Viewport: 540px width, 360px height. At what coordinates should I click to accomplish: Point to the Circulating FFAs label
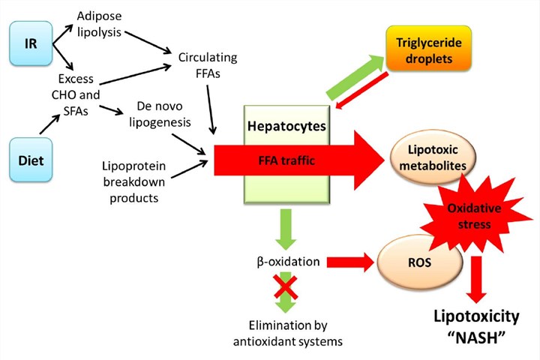click(x=208, y=66)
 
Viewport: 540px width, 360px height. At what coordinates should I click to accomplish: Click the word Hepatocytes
click(x=286, y=125)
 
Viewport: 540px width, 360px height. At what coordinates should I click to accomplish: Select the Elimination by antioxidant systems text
click(x=288, y=332)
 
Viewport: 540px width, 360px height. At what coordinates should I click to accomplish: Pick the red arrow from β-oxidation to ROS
click(x=350, y=262)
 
